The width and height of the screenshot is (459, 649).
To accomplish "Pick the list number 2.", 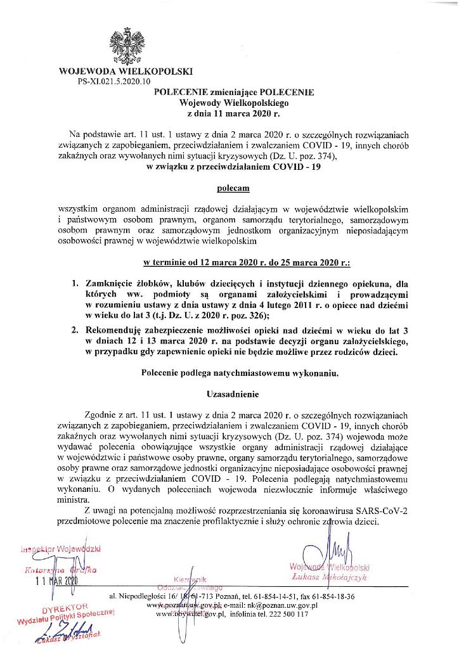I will pyautogui.click(x=75, y=330).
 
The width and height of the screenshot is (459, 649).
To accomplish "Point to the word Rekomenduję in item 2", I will pyautogui.click(x=118, y=330).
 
